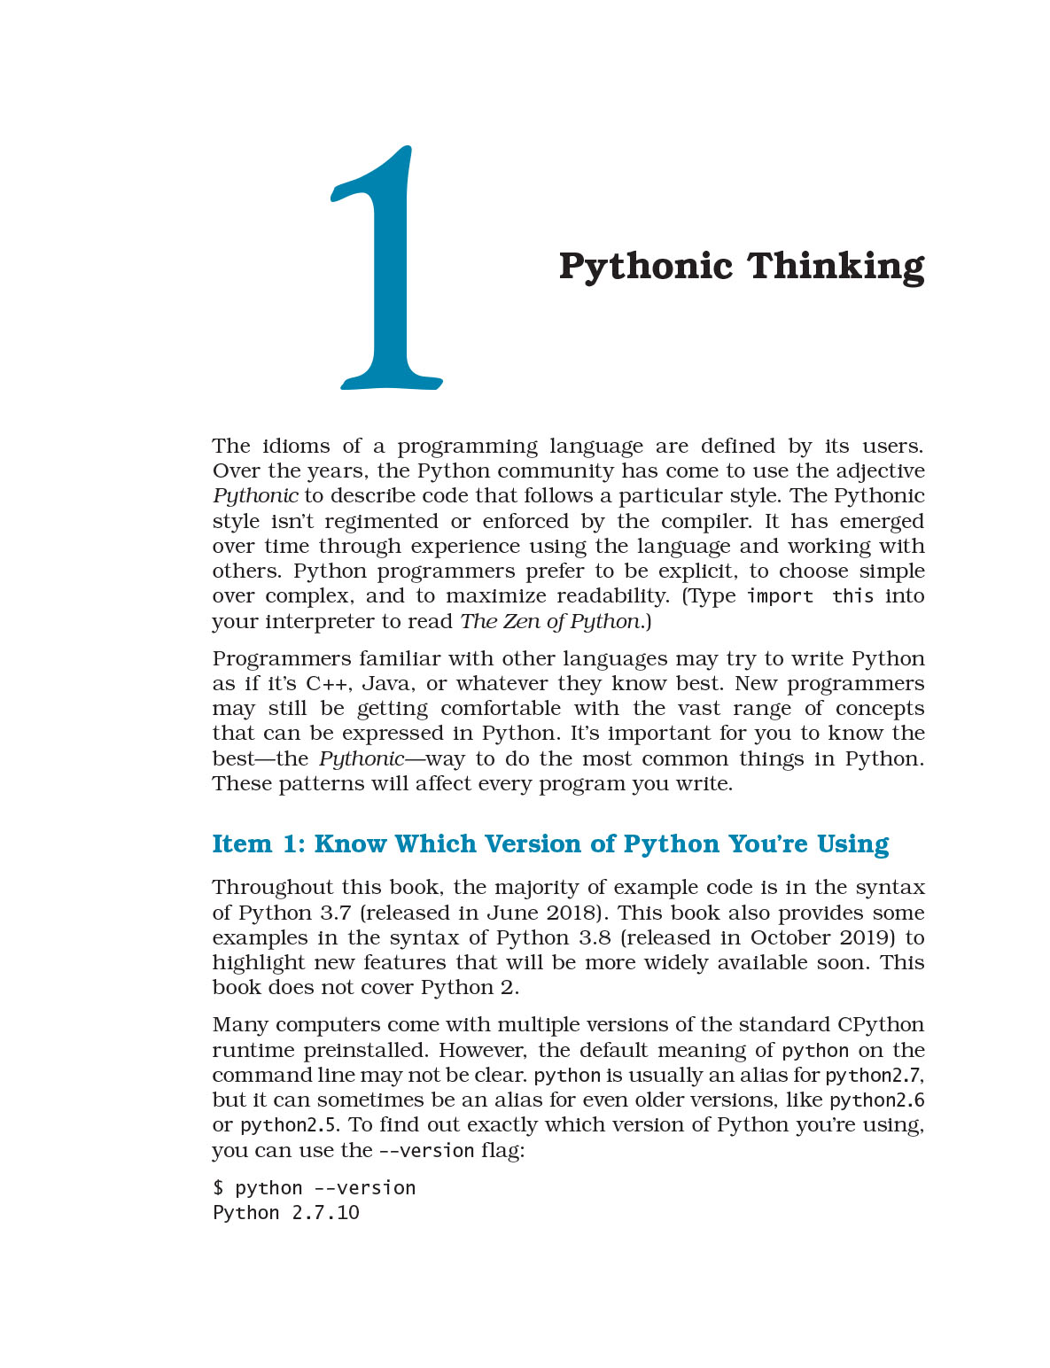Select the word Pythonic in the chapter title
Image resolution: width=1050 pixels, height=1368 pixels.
[645, 266]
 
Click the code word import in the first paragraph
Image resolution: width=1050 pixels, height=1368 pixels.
[780, 596]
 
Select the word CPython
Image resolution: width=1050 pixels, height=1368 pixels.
[880, 1024]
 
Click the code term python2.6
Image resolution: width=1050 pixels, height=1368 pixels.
[876, 1100]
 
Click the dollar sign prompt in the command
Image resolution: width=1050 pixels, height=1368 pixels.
[218, 1188]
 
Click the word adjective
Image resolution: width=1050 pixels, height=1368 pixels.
[868, 470]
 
